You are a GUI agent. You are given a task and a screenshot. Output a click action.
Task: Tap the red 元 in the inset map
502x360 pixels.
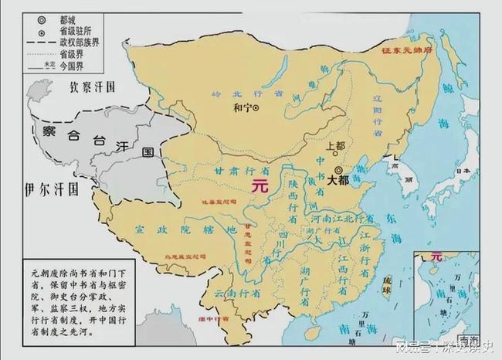pyautogui.click(x=437, y=256)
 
